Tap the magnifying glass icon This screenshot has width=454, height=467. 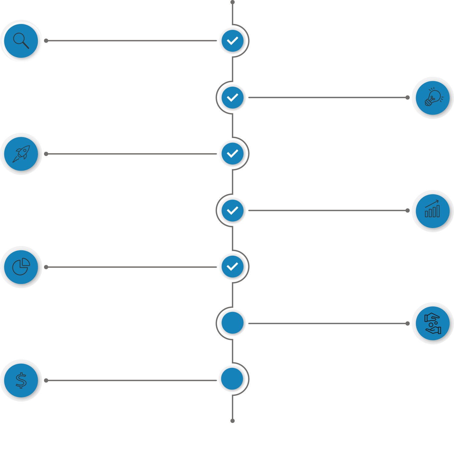pyautogui.click(x=21, y=41)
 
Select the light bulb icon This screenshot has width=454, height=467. pyautogui.click(x=433, y=98)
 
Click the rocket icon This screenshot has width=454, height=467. pyautogui.click(x=21, y=154)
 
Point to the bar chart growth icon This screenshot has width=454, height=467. pyautogui.click(x=433, y=210)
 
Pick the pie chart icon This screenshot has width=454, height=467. pyautogui.click(x=21, y=267)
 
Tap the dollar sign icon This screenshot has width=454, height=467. pyautogui.click(x=21, y=380)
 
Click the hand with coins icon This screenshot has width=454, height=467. pyautogui.click(x=433, y=323)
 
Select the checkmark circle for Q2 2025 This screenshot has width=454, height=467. pyautogui.click(x=232, y=98)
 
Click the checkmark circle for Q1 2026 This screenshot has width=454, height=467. pyautogui.click(x=232, y=267)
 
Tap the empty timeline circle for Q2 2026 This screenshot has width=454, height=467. pyautogui.click(x=232, y=323)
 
